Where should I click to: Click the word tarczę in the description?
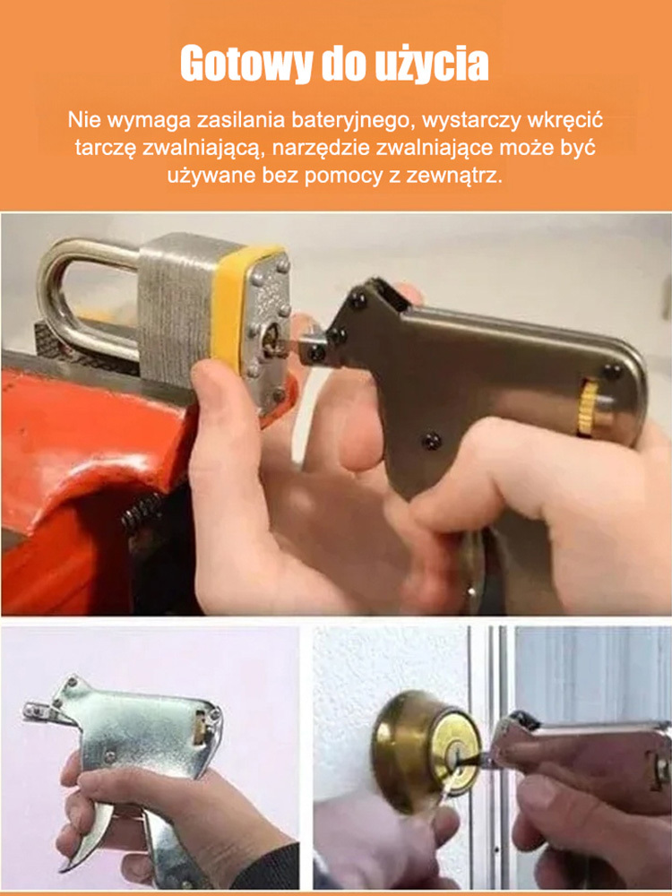click(102, 147)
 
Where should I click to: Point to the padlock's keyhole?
click(268, 338)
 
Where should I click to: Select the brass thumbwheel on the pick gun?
click(588, 408)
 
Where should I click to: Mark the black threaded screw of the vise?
click(139, 520)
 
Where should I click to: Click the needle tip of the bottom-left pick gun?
click(32, 712)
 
